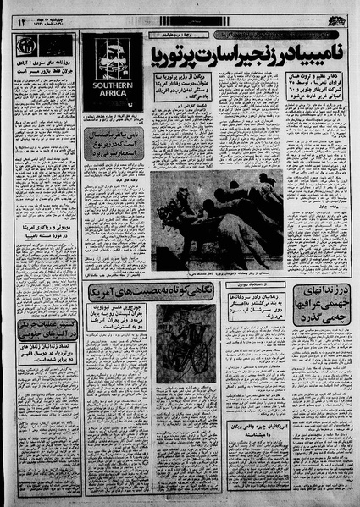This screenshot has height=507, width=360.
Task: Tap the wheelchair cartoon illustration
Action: [184, 339]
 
